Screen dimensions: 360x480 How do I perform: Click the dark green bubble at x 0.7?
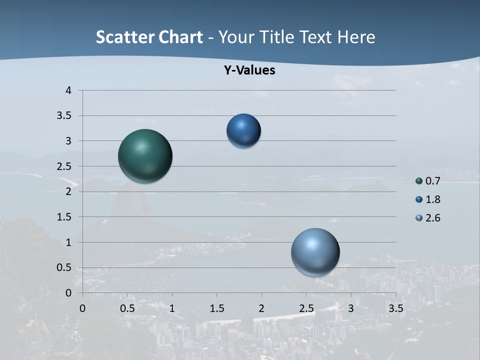(x=145, y=156)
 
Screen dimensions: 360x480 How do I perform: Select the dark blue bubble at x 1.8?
(x=243, y=130)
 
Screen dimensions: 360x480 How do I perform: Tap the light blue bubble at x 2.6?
(x=315, y=252)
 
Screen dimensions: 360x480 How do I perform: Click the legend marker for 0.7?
(x=419, y=181)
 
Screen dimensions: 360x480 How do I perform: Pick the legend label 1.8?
(x=432, y=199)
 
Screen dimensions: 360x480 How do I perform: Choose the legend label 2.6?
(x=432, y=218)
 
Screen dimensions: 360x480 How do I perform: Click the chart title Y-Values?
(x=249, y=70)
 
